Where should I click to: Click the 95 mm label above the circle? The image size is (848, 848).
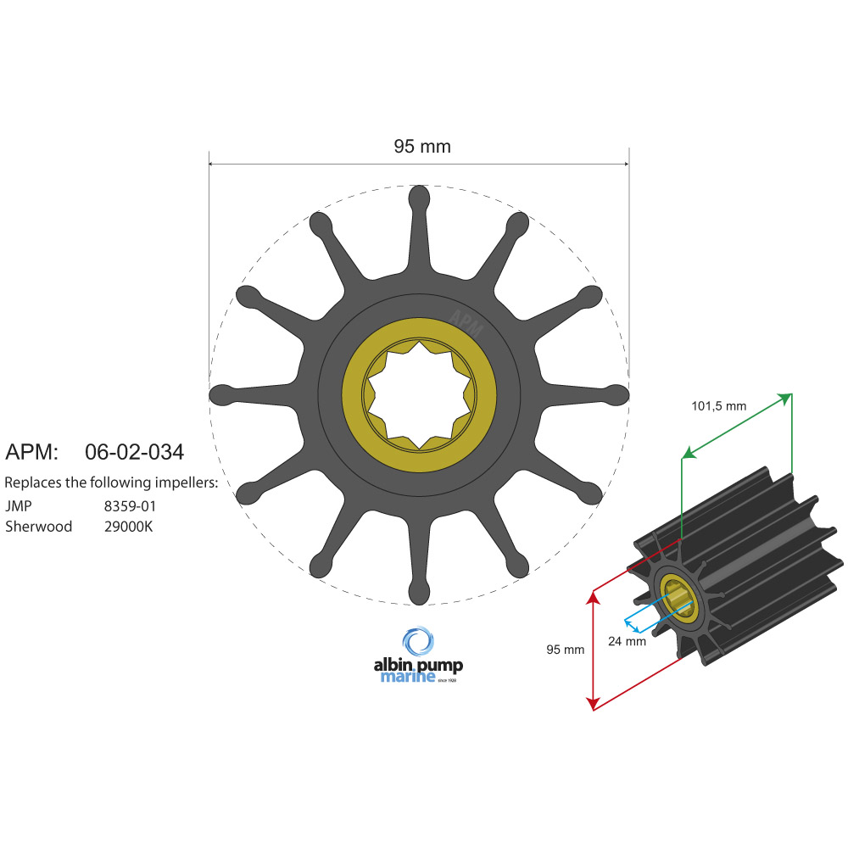(422, 147)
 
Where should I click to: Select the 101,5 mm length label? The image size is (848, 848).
(719, 406)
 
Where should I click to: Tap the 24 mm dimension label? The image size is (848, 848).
(627, 641)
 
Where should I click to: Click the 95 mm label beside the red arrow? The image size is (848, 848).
(565, 650)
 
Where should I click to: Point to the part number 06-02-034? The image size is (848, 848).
(135, 452)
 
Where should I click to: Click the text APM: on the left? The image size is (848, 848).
(31, 452)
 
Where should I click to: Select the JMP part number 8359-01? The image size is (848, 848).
(129, 505)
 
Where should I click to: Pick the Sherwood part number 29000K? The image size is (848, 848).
(129, 527)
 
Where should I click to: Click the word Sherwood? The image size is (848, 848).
(38, 527)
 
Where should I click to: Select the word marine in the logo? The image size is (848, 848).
(407, 677)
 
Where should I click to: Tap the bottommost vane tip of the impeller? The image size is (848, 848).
(419, 594)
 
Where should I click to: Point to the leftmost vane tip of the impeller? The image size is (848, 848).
(220, 394)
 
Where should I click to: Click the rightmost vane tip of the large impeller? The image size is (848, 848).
(617, 394)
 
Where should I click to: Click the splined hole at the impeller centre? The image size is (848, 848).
(419, 395)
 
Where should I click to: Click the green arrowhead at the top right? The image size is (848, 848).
(786, 398)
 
